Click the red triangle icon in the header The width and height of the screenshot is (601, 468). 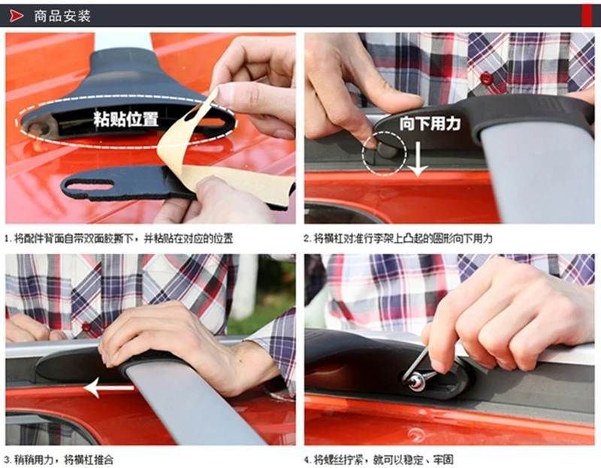pos(16,16)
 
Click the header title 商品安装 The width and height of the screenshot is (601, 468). pos(62,16)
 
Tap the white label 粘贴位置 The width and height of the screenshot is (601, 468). pos(125,119)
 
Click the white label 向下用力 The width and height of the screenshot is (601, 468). pos(430,123)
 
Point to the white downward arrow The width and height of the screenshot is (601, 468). pos(418,159)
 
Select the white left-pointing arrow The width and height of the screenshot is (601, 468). pos(108,388)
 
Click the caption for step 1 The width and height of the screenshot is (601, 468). pos(118,239)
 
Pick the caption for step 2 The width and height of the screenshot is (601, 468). pos(398,238)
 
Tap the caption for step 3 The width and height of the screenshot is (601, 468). pos(59,459)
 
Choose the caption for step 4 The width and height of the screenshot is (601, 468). pos(379,459)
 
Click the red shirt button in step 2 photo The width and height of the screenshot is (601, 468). pos(486,78)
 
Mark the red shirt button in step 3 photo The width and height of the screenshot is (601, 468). pos(86,327)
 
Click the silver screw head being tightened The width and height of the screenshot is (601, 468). pos(416,381)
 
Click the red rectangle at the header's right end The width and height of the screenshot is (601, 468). pos(587,16)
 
